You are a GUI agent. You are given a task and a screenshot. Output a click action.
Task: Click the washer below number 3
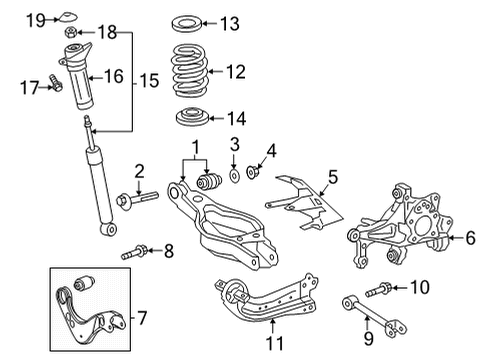pos(232,177)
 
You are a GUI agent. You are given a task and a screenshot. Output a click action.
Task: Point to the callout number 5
pos(333,176)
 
